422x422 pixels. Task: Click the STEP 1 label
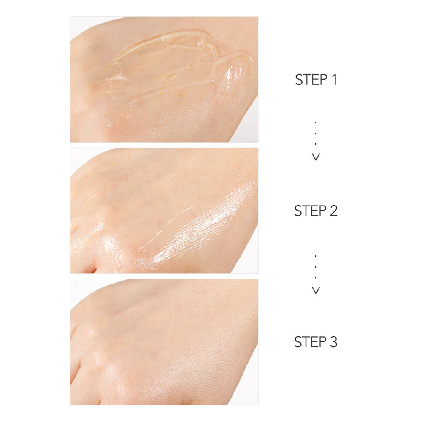click(x=316, y=80)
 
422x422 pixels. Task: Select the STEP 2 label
click(x=316, y=211)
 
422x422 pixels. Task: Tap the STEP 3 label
click(x=316, y=342)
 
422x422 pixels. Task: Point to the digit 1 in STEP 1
click(x=334, y=80)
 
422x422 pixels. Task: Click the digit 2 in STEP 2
click(x=333, y=211)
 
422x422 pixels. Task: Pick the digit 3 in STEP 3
click(x=333, y=342)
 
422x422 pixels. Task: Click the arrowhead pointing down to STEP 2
click(x=316, y=157)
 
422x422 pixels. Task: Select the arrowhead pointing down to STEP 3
click(x=316, y=290)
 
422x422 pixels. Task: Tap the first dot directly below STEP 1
click(x=316, y=123)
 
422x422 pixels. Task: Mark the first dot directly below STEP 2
click(x=316, y=256)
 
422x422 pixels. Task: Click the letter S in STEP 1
click(x=299, y=80)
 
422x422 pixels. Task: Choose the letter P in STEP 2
click(x=323, y=211)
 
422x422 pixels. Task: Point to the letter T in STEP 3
click(x=306, y=342)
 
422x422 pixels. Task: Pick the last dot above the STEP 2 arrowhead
click(x=316, y=144)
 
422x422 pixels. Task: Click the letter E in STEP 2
click(x=315, y=211)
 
